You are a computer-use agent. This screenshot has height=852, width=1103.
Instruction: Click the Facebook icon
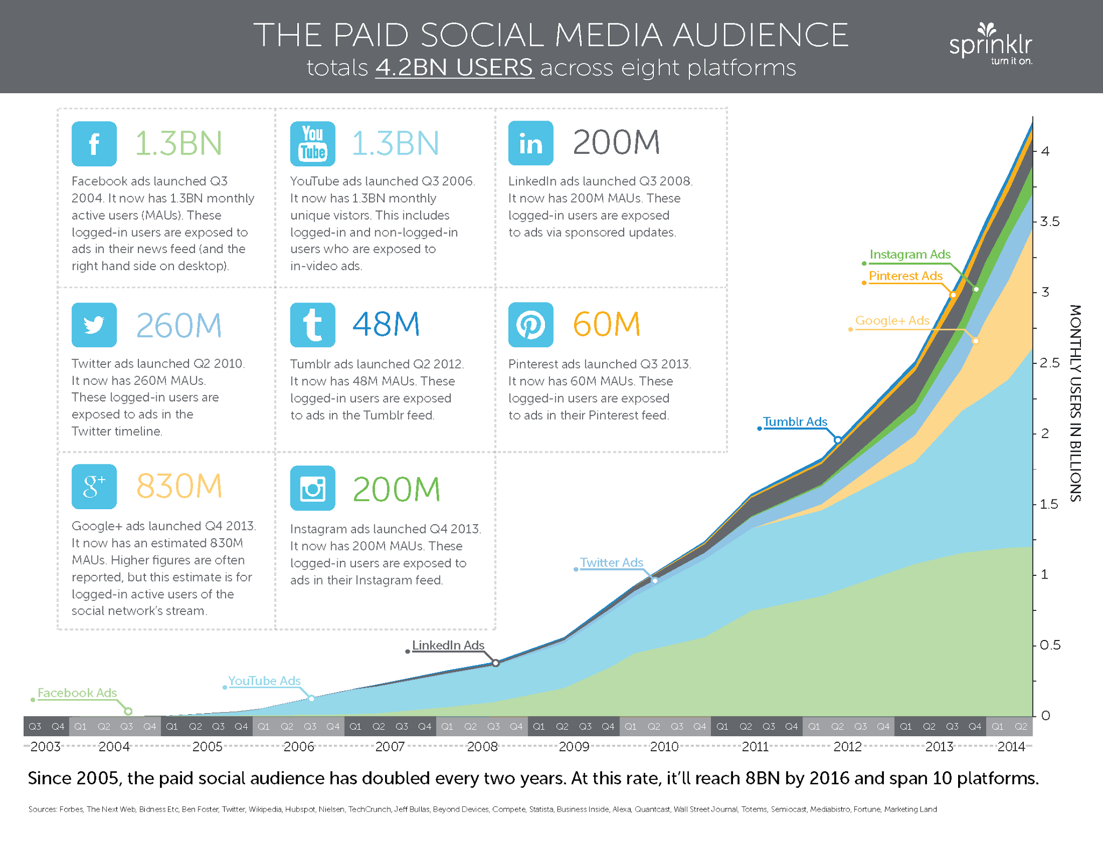tap(94, 144)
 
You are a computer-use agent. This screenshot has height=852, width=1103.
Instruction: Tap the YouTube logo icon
tap(312, 144)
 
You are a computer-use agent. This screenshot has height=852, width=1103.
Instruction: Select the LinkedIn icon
tap(530, 143)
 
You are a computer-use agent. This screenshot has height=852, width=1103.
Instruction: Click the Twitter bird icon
tap(94, 325)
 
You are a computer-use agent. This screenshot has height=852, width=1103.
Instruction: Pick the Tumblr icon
tap(312, 325)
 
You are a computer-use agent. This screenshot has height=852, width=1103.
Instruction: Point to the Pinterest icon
tap(530, 325)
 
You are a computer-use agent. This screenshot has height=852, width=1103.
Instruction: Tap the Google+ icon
tap(94, 487)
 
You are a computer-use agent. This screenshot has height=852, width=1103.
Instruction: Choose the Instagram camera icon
tap(312, 488)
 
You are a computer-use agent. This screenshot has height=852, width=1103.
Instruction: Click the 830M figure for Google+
tap(179, 486)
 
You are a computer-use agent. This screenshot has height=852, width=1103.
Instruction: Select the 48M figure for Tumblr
tap(386, 324)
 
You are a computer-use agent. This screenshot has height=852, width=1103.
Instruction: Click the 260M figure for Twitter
tap(179, 325)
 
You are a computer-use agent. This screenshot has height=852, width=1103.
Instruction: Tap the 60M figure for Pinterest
tap(606, 324)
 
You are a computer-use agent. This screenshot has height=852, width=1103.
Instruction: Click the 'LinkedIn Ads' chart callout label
tap(448, 645)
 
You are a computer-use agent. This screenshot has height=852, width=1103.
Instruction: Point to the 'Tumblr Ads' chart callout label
tap(795, 421)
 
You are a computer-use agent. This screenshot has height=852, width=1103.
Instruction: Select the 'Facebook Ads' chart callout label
tap(77, 693)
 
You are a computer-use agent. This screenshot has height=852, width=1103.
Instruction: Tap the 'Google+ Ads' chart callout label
tap(892, 320)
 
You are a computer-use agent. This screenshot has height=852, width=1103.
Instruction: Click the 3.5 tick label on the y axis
tap(1050, 222)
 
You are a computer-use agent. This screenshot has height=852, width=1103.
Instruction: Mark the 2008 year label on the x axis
tap(482, 747)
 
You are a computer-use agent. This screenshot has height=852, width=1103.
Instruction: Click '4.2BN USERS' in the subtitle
tap(455, 68)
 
